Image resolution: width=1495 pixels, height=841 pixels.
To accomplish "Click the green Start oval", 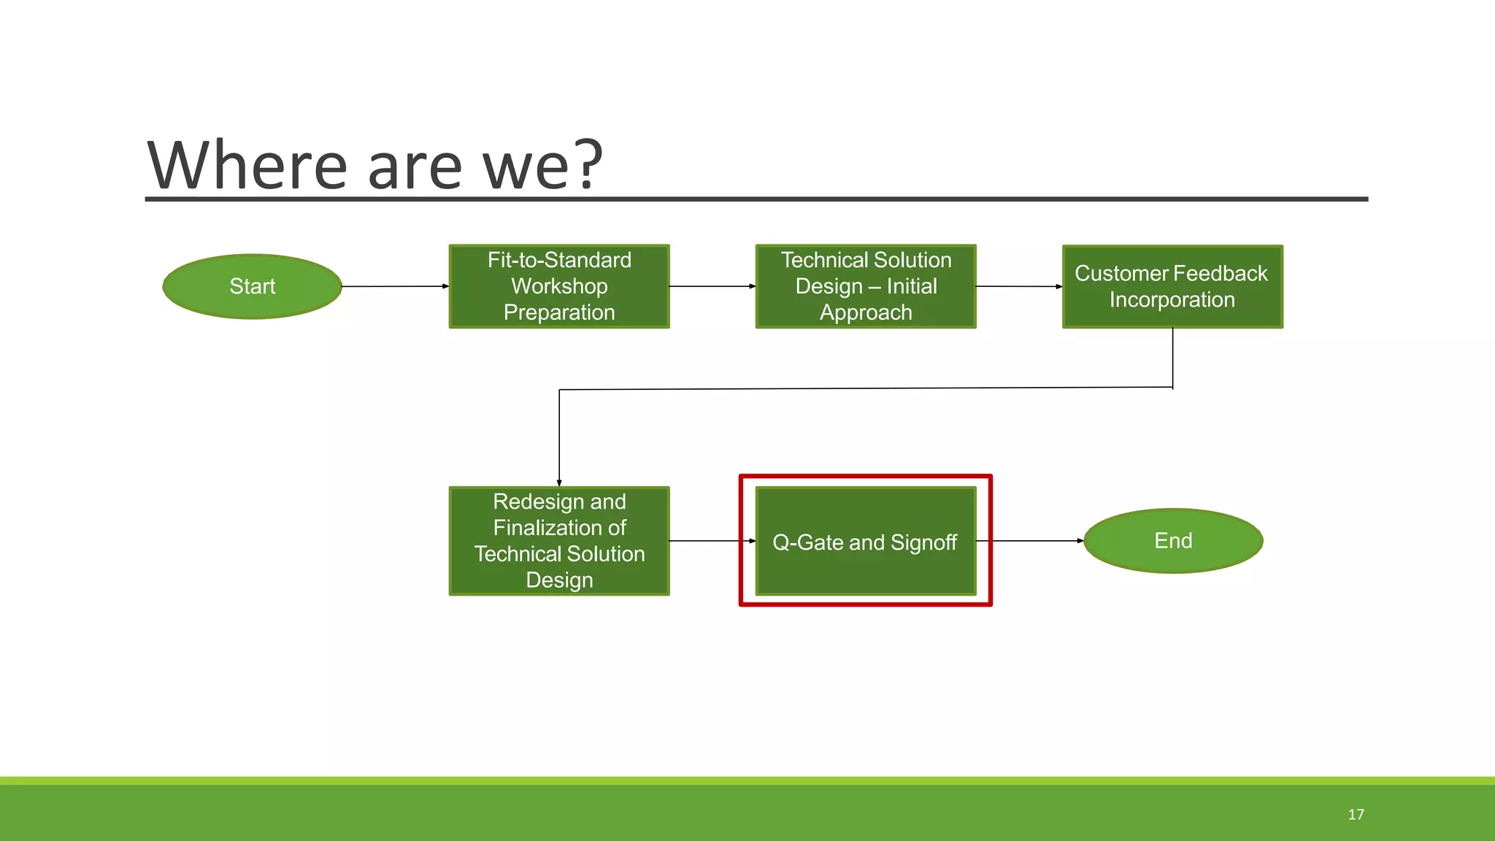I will [x=252, y=286].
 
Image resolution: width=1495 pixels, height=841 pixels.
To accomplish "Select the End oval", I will [x=1173, y=541].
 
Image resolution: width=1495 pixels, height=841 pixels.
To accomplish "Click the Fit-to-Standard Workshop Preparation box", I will [x=559, y=286].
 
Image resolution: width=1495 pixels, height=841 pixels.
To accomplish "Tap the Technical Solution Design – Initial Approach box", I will [x=866, y=286].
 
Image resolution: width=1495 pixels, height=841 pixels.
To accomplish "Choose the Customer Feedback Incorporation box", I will [x=1172, y=286].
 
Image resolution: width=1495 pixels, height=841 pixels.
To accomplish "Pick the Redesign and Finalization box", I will [x=559, y=541].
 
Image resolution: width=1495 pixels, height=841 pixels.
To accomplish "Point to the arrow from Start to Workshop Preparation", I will [x=394, y=286].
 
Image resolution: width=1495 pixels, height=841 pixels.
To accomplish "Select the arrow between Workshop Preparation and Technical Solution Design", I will [x=712, y=286].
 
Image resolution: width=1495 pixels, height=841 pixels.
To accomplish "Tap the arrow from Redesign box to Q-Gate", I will [x=712, y=541].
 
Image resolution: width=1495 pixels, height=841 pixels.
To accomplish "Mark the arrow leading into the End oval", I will [x=1037, y=541].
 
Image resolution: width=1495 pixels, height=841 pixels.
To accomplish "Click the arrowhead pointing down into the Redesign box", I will [x=559, y=482].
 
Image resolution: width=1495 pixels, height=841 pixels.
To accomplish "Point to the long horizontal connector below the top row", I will [x=866, y=388].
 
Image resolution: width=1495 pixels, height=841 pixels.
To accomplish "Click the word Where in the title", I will [x=247, y=166].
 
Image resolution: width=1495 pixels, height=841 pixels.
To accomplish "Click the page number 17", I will [x=1356, y=815].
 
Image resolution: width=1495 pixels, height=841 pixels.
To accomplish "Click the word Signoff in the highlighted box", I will [x=923, y=542].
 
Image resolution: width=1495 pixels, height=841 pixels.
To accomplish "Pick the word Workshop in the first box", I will [x=559, y=286].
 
